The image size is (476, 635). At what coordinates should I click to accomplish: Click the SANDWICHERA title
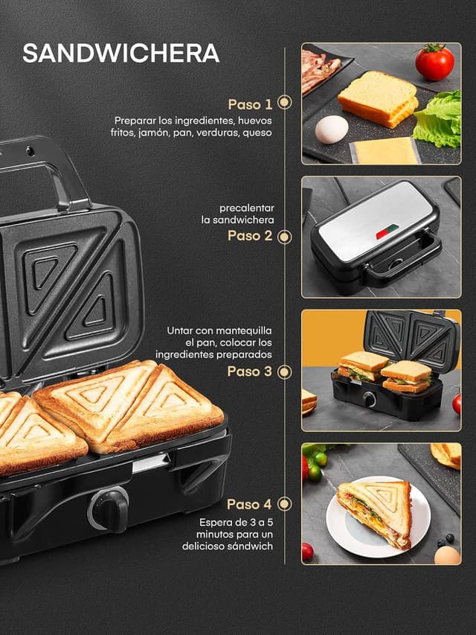click(120, 54)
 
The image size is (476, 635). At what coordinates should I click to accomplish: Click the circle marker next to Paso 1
click(285, 103)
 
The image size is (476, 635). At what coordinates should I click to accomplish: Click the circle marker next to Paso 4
click(285, 504)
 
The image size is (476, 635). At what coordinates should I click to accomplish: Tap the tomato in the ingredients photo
click(434, 62)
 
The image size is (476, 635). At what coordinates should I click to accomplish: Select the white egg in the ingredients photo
click(331, 130)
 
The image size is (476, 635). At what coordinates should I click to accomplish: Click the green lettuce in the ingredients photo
click(439, 119)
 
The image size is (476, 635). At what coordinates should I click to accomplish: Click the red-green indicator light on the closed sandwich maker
click(386, 232)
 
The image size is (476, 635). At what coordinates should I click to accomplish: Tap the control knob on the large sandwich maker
click(109, 509)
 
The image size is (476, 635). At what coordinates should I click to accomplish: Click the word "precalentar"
click(247, 208)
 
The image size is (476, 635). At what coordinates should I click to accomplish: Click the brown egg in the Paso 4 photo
click(446, 555)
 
